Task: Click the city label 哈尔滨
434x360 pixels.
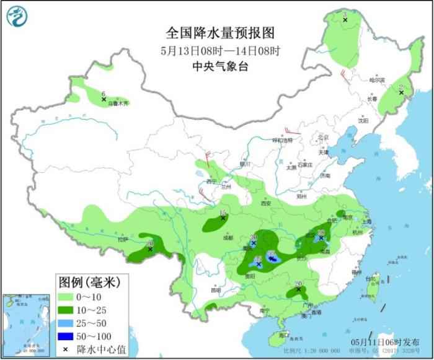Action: (377, 80)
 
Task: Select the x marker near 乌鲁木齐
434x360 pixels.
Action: (104, 99)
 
